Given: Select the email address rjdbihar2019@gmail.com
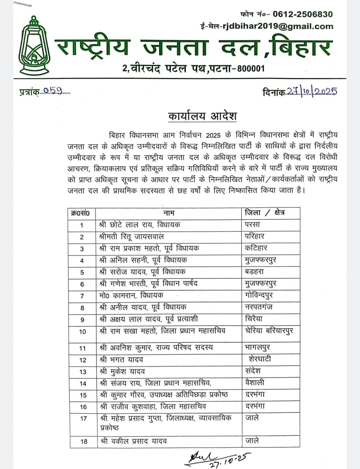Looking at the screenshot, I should (276, 26).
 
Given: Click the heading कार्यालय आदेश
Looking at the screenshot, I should (202, 116).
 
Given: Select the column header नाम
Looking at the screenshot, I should (168, 213).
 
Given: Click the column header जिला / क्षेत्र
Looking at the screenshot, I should (264, 213).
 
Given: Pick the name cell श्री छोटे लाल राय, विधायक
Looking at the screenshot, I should (140, 225).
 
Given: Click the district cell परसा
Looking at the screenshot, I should (252, 225).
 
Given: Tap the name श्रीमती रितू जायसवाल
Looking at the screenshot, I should (131, 236).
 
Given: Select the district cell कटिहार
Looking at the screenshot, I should (256, 248).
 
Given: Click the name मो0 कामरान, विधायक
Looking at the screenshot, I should (131, 295).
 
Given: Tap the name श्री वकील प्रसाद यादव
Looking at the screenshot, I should (133, 441).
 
